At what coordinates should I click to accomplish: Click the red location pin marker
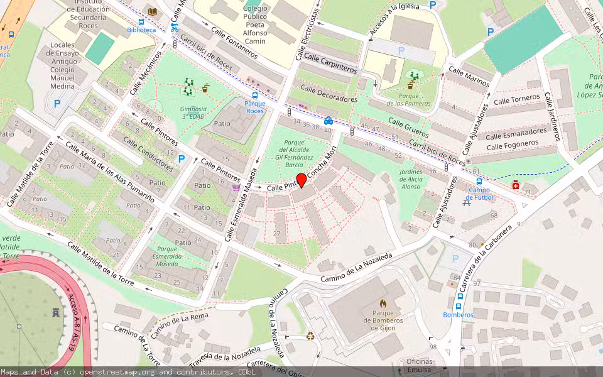301,180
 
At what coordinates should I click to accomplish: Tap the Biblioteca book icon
152,11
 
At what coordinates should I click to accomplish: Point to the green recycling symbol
310,336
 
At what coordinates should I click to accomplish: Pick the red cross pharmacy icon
515,185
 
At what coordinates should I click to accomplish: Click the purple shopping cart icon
236,187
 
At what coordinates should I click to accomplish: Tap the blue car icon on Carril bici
328,120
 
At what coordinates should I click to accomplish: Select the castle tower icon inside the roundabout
55,312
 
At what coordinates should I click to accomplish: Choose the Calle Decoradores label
329,94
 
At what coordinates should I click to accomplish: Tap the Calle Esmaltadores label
516,134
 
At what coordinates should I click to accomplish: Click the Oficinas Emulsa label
419,365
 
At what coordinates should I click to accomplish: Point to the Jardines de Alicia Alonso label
411,179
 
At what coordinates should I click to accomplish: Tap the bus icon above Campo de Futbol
479,181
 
